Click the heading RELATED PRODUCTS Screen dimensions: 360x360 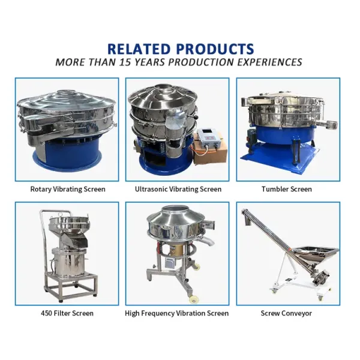pos(180,49)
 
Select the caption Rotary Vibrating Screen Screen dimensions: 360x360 pos(68,189)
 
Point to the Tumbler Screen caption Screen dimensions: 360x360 pos(286,189)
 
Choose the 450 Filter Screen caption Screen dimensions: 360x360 pos(67,313)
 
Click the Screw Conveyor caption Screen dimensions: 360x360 pos(286,313)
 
